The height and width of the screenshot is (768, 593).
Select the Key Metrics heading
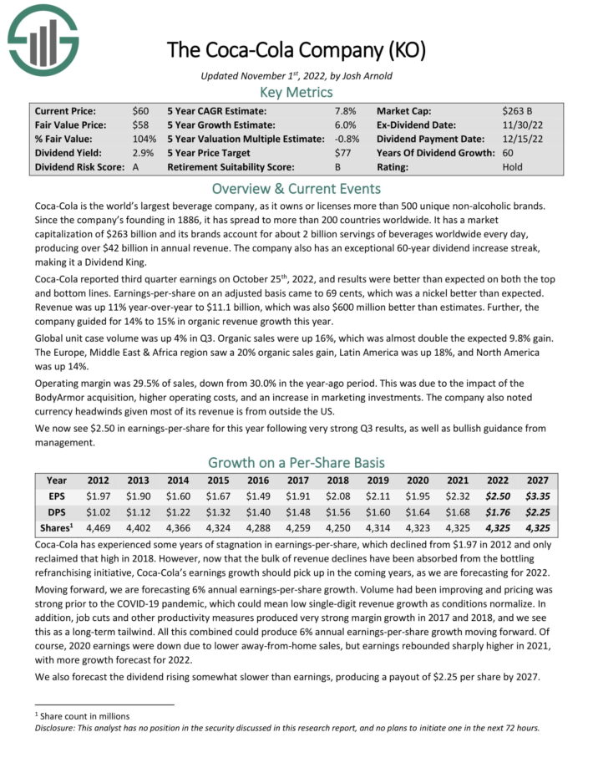(296, 92)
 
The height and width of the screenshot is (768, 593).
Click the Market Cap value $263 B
(519, 109)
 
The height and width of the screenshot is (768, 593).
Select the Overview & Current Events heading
(296, 189)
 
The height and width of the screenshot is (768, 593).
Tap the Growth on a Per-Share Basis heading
(296, 463)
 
